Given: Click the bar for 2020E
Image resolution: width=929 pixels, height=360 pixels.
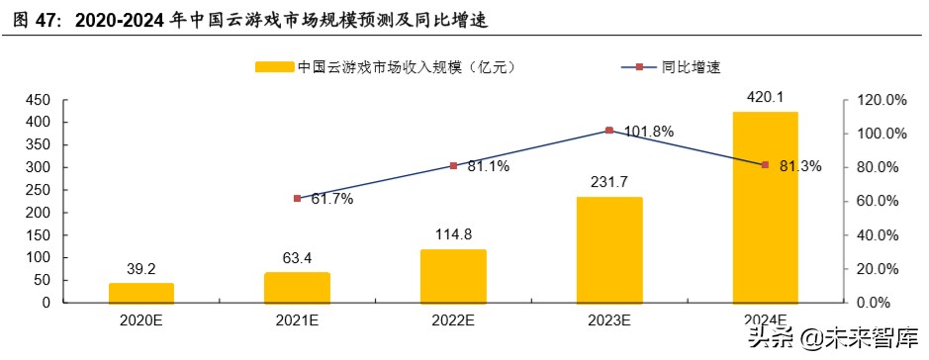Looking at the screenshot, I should pyautogui.click(x=141, y=293).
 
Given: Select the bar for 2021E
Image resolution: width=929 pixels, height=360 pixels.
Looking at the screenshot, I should pyautogui.click(x=297, y=287).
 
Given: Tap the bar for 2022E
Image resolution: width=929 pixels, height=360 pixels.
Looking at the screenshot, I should pyautogui.click(x=453, y=276).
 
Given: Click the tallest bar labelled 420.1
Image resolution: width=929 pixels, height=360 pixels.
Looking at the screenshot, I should pyautogui.click(x=765, y=207).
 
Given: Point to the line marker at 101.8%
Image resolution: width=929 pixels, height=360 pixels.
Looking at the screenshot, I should pyautogui.click(x=609, y=131).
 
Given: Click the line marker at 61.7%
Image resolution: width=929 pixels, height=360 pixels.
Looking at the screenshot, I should pyautogui.click(x=298, y=199).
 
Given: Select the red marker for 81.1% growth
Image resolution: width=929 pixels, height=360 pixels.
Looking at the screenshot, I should pyautogui.click(x=453, y=165).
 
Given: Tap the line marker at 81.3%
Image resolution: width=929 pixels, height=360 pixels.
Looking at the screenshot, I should pyautogui.click(x=765, y=165).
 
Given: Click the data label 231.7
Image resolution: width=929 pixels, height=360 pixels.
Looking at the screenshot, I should pyautogui.click(x=608, y=181).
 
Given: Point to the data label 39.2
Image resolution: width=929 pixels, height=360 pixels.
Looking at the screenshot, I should pyautogui.click(x=141, y=267).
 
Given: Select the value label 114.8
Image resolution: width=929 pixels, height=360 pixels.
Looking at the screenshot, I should pyautogui.click(x=453, y=233).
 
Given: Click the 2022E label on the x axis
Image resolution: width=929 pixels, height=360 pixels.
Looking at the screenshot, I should pyautogui.click(x=453, y=320).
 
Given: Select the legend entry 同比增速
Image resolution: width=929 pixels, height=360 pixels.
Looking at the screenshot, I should pyautogui.click(x=689, y=68).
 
